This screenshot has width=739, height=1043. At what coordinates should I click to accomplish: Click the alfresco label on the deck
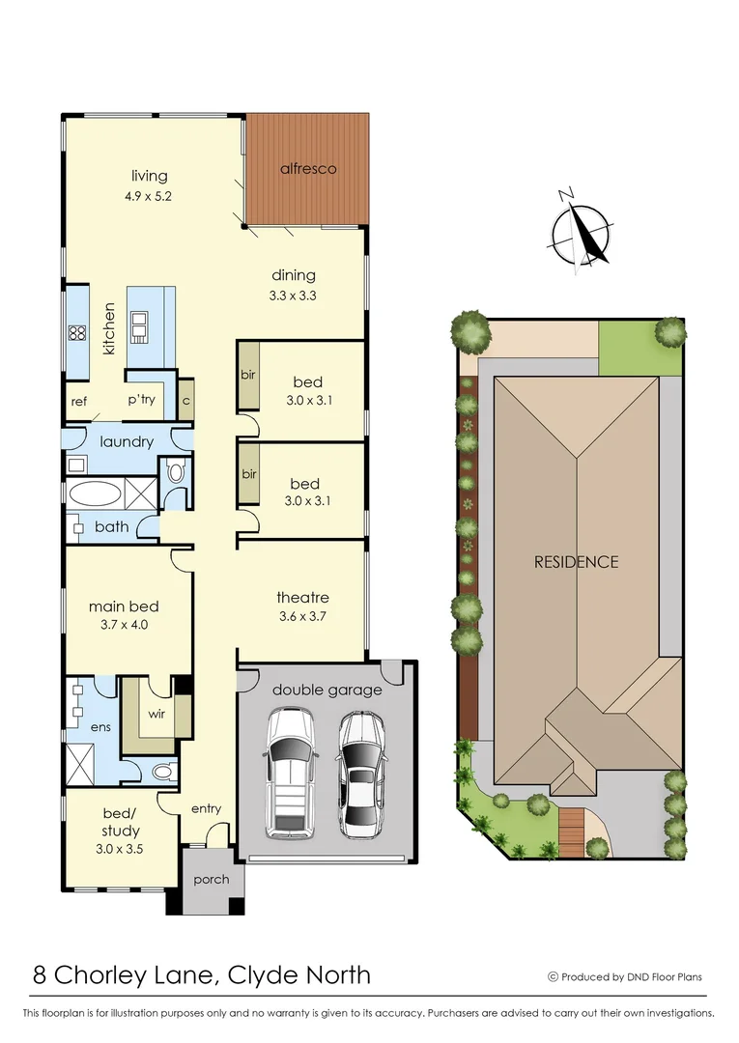coord(308,168)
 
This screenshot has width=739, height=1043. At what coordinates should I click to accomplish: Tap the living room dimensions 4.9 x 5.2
coord(150,196)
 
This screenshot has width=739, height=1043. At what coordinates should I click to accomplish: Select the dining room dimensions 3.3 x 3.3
coord(293,296)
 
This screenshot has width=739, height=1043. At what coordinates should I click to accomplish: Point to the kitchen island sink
coord(141,326)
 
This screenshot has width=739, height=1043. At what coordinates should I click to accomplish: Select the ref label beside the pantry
coord(79,401)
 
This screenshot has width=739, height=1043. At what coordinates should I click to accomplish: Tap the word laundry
coord(127,441)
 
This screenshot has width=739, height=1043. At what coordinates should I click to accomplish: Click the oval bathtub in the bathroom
coord(95,495)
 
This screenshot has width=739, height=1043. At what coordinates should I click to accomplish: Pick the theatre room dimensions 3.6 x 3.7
coord(302,617)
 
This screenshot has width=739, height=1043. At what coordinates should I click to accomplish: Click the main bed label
coord(124,606)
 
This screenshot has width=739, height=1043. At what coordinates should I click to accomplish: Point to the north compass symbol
coord(582,231)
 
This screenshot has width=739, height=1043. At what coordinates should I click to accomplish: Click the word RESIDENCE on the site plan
coord(576,561)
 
